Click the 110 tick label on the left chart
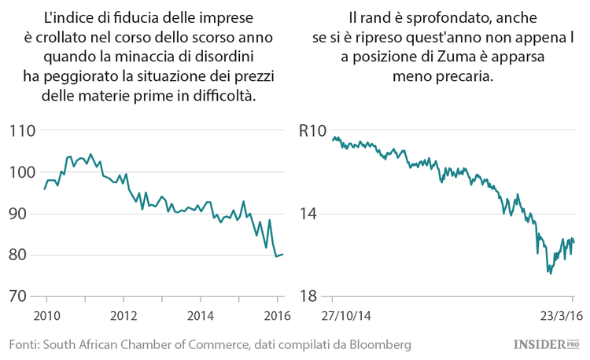(x=23, y=130)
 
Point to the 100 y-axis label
(x=23, y=172)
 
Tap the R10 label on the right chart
(x=312, y=130)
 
